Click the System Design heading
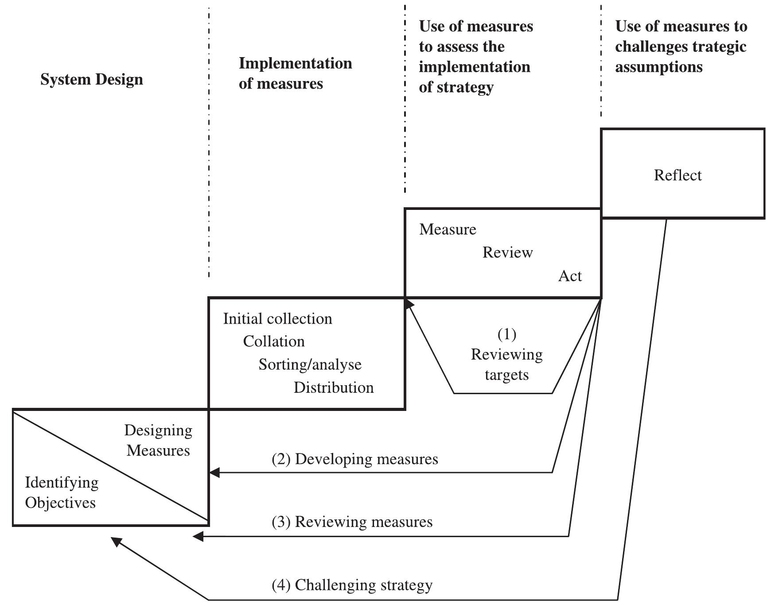coord(92,80)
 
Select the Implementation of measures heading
coord(295,73)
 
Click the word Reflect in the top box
coord(677,175)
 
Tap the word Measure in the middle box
coord(448,229)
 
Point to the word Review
coord(507,252)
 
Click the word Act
coord(570,276)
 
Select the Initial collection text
coord(277,319)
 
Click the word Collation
coord(274,341)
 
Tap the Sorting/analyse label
coord(310,364)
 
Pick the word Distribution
coord(333,387)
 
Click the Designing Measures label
coord(158,440)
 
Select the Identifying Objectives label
coord(61,492)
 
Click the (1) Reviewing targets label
coord(506,355)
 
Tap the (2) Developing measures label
coord(354,459)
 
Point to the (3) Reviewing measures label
coord(352,522)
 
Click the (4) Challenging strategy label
coord(352,585)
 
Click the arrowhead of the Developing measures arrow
coord(214,472)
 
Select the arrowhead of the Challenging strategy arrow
coord(116,541)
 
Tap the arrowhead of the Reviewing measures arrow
coord(198,536)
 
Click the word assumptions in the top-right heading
coord(658,67)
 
